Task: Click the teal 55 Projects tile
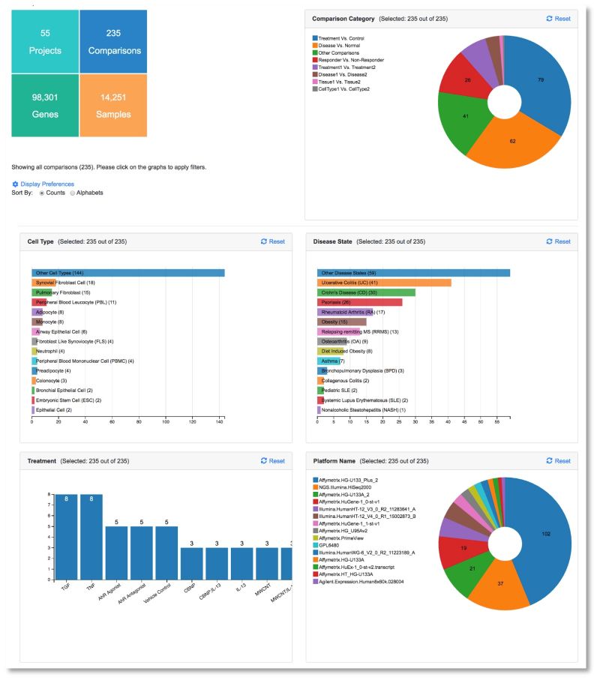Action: [44, 42]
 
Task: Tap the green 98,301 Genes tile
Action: [44, 106]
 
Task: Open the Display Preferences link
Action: [46, 184]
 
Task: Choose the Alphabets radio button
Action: [73, 193]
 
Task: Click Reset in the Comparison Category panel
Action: [558, 19]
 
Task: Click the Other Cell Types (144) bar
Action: [127, 273]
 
